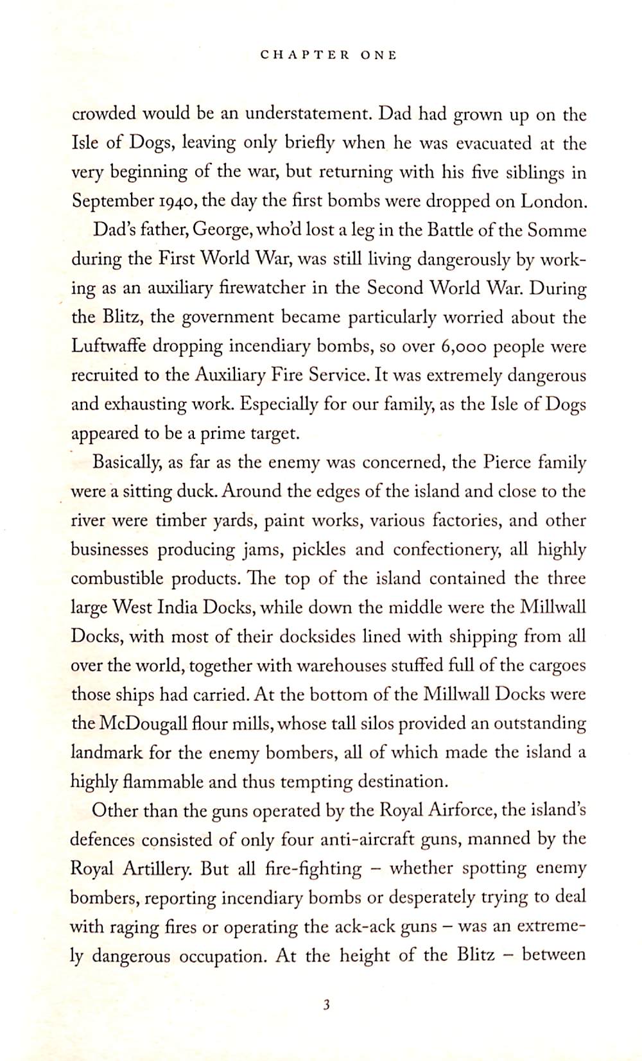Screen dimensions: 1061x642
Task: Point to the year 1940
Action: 174,202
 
